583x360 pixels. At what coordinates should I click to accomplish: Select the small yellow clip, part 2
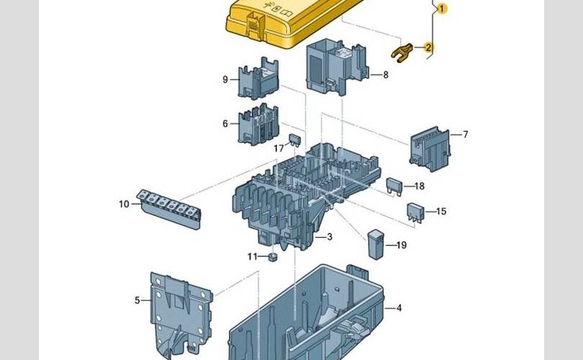coord(401,51)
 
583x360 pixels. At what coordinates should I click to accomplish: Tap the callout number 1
coord(441,8)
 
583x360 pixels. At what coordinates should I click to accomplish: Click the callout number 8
coord(385,74)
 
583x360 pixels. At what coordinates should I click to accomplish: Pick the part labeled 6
coord(258,124)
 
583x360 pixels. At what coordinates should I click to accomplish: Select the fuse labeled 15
coord(416,211)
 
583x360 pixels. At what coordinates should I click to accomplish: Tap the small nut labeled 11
coord(273,257)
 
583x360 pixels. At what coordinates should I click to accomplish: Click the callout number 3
coord(329,237)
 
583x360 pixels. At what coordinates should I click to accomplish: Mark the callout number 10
coord(125,204)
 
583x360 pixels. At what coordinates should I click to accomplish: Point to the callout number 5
coord(137,300)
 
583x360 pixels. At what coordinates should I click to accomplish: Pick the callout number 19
coord(402,245)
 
